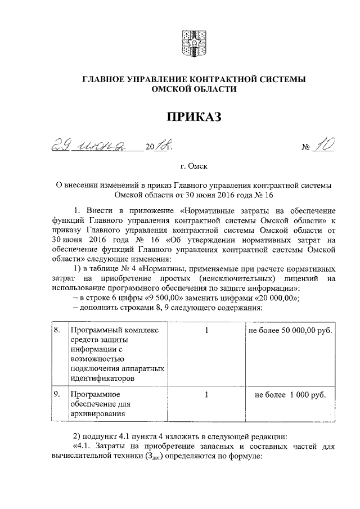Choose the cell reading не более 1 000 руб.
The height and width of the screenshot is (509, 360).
(x=290, y=394)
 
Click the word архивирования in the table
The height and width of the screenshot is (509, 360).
(x=97, y=415)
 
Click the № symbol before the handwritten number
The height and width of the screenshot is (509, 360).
(x=307, y=148)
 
